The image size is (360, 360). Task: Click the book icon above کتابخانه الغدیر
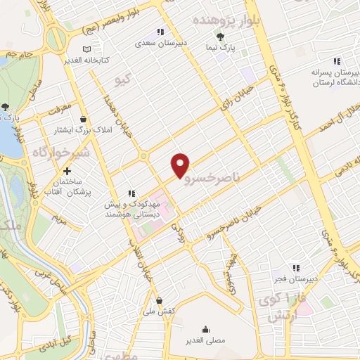pyautogui.click(x=86, y=49)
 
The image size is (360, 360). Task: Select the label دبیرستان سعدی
pyautogui.click(x=160, y=43)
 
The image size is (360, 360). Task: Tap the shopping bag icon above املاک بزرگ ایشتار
pyautogui.click(x=84, y=120)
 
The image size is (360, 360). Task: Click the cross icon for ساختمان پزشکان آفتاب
pyautogui.click(x=67, y=170)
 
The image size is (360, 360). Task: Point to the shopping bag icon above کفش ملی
pyautogui.click(x=159, y=300)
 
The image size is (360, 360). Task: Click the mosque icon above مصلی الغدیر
pyautogui.click(x=205, y=328)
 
